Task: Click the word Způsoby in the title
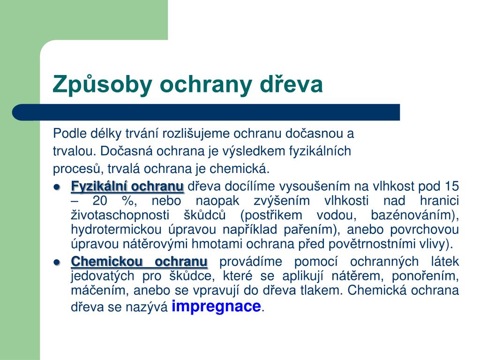coord(102,84)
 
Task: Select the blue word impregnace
coord(216,307)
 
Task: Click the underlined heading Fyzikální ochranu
coord(127,186)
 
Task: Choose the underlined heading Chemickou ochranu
coord(139,262)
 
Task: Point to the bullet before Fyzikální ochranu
coord(57,187)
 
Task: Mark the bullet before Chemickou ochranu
coord(57,262)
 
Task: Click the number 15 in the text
coord(452,186)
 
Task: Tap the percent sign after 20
coord(127,201)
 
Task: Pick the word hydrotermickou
coord(116,230)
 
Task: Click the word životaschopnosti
coord(120,215)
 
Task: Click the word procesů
coord(78,169)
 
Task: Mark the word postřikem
coord(272,215)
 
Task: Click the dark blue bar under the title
coord(206,112)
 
